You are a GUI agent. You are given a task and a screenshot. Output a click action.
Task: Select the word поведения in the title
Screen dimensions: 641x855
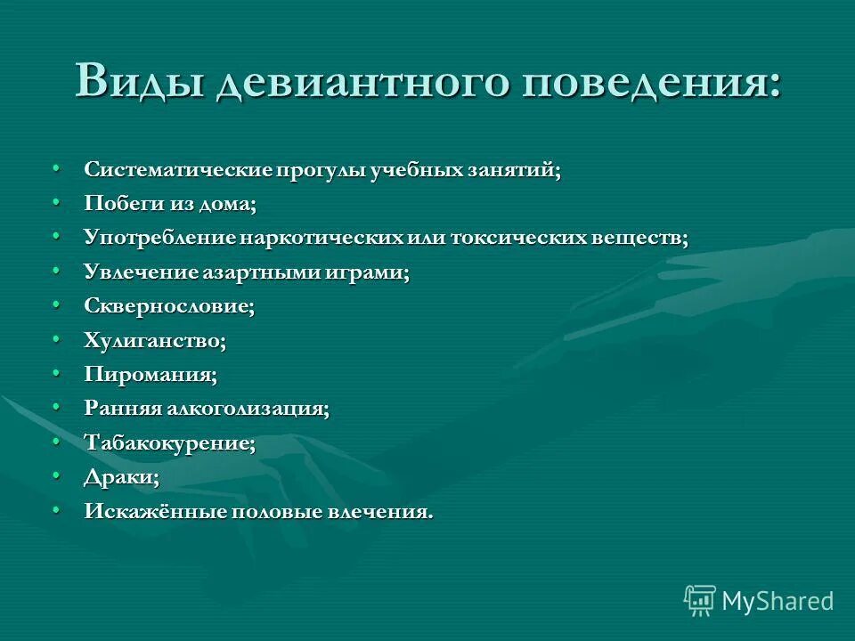[x=652, y=83]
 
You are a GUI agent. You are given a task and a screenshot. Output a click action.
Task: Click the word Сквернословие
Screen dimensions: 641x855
[x=169, y=306]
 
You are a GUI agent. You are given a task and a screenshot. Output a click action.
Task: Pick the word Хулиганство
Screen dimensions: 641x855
[x=155, y=340]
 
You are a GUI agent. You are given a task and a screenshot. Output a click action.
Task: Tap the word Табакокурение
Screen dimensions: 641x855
[x=169, y=442]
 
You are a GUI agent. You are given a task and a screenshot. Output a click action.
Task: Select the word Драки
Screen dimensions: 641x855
[x=121, y=476]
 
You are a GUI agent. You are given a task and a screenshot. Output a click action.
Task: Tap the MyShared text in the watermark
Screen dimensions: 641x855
[x=778, y=601]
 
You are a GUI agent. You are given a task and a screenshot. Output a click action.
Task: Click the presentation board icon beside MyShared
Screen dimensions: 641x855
[x=700, y=601]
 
